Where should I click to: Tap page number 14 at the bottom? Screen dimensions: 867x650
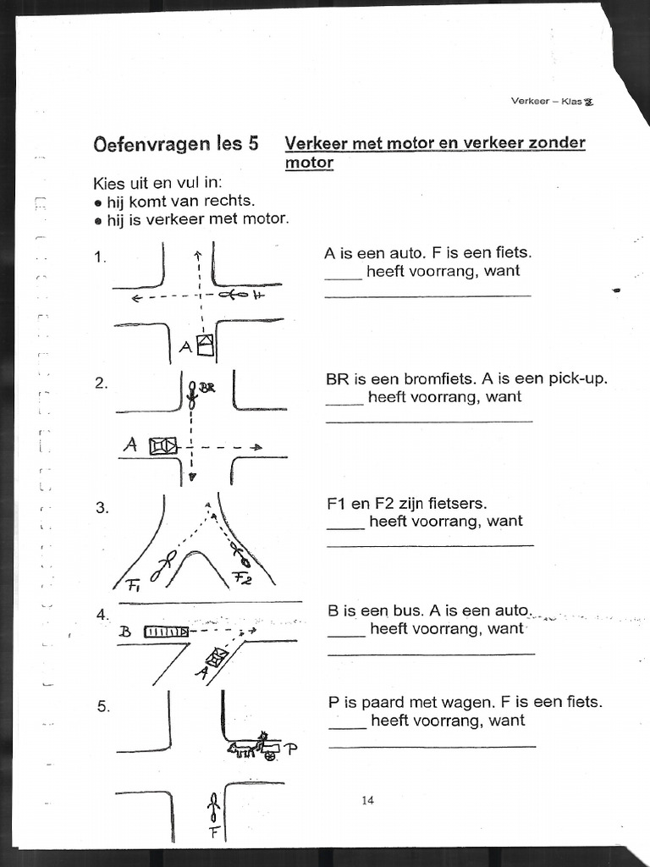click(x=367, y=800)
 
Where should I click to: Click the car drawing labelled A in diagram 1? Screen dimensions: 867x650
click(x=205, y=345)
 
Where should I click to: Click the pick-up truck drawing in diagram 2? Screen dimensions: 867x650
click(x=162, y=445)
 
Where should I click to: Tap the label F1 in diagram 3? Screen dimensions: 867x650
click(x=134, y=583)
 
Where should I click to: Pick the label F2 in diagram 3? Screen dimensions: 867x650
click(x=242, y=580)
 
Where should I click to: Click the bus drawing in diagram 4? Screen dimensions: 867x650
click(x=167, y=631)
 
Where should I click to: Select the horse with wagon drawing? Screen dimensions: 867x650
click(x=253, y=747)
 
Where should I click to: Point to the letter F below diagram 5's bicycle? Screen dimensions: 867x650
click(x=214, y=831)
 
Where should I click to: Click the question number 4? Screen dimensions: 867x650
click(x=102, y=614)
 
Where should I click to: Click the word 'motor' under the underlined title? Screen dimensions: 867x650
click(x=309, y=163)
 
